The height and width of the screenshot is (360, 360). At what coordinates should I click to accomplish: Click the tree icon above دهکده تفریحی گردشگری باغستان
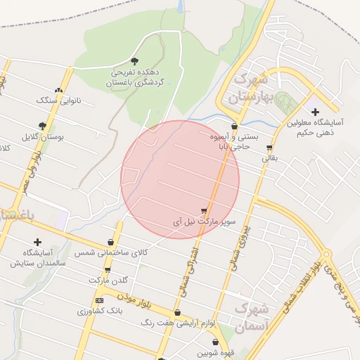click(x=135, y=61)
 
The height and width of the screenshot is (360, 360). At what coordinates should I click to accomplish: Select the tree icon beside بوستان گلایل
click(x=43, y=126)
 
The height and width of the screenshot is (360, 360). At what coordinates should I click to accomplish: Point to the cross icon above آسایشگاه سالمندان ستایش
click(x=37, y=242)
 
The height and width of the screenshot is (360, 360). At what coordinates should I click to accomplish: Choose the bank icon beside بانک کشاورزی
click(x=99, y=301)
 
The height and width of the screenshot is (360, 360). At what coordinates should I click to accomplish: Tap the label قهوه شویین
click(x=215, y=353)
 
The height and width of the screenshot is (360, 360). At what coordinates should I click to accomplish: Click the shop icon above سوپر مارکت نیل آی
click(x=204, y=210)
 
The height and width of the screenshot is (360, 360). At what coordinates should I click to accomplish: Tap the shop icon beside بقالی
click(x=269, y=148)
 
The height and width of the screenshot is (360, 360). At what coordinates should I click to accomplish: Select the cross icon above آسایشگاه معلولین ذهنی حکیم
click(x=314, y=111)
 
